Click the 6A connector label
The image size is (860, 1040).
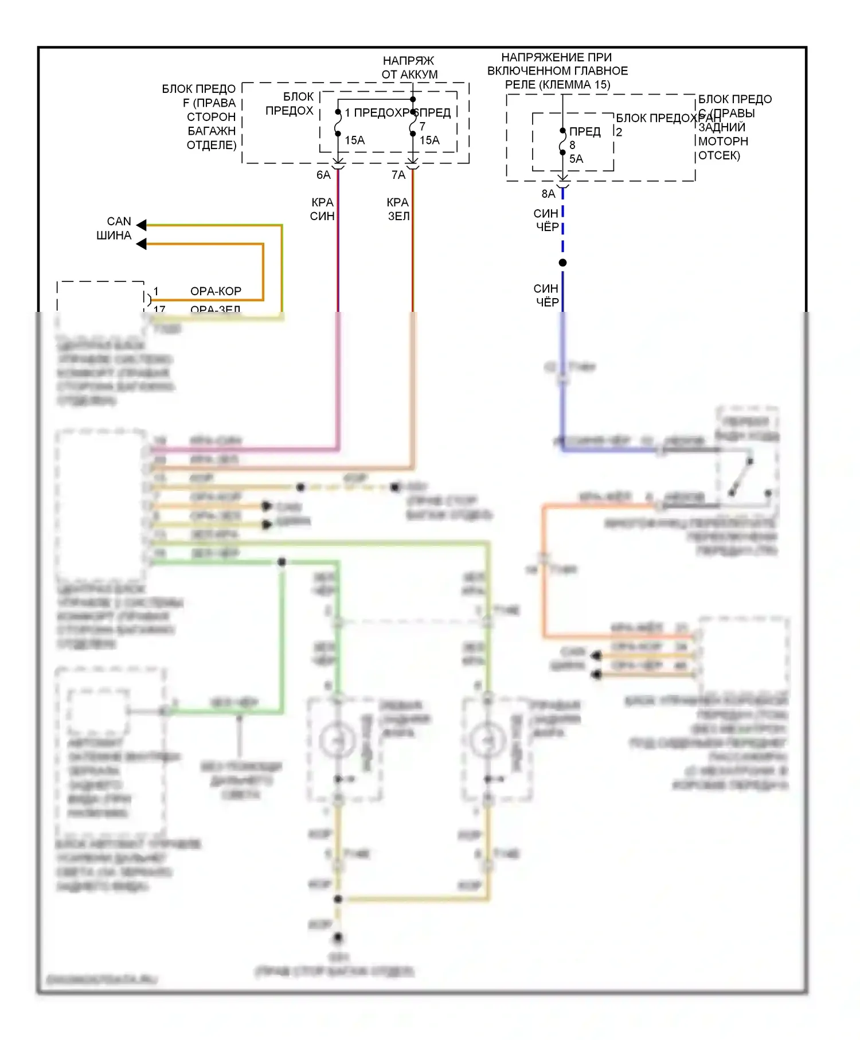click(323, 175)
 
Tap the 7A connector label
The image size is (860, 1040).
click(398, 175)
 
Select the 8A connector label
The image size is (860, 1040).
click(548, 194)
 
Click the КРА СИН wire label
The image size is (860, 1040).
click(322, 209)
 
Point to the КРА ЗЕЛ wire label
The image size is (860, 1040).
click(398, 209)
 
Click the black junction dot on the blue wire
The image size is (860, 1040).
click(562, 263)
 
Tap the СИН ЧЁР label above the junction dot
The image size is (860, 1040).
click(546, 220)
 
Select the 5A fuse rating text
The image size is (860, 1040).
click(576, 159)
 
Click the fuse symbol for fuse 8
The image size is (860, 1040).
click(562, 142)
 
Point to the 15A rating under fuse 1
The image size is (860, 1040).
click(354, 140)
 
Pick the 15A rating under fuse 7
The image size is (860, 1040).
click(429, 140)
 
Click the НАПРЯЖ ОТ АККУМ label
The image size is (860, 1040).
click(409, 68)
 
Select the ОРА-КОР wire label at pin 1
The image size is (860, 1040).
click(216, 291)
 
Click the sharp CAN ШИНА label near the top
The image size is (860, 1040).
click(115, 228)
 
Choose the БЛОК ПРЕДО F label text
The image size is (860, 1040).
click(199, 89)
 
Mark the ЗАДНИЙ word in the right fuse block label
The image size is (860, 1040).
click(721, 127)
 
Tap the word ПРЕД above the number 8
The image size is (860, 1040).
click(585, 132)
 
